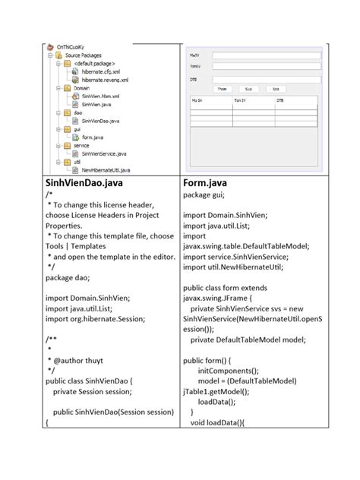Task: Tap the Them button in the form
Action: pyautogui.click(x=222, y=88)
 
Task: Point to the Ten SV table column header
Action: pyautogui.click(x=244, y=99)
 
